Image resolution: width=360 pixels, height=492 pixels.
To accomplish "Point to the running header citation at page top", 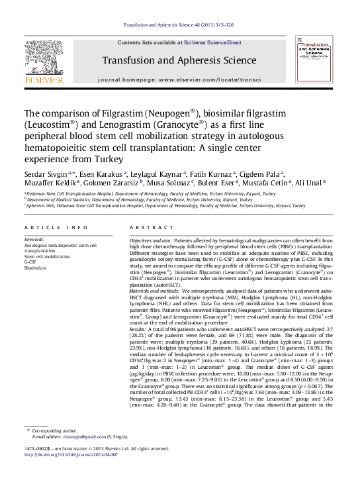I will [x=179, y=26].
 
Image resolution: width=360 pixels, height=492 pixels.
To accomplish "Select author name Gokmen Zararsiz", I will [x=121, y=183].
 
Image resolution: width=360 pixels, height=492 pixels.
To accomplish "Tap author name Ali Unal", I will [x=308, y=183].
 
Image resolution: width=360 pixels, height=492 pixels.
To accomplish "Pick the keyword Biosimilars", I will [x=36, y=268].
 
